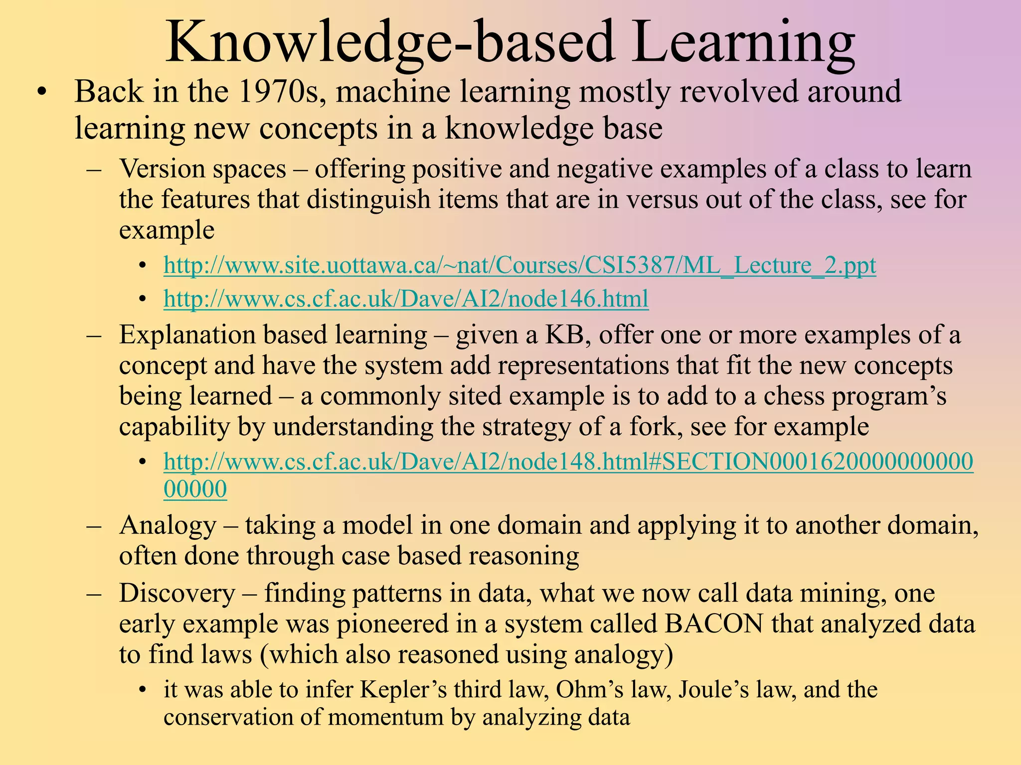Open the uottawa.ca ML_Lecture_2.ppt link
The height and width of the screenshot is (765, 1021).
[x=519, y=265]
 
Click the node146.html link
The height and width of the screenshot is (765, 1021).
[x=406, y=299]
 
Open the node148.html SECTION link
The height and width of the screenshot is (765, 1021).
[x=568, y=462]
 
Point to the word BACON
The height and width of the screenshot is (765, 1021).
[x=713, y=624]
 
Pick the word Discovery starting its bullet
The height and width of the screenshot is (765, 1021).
[x=177, y=594]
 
